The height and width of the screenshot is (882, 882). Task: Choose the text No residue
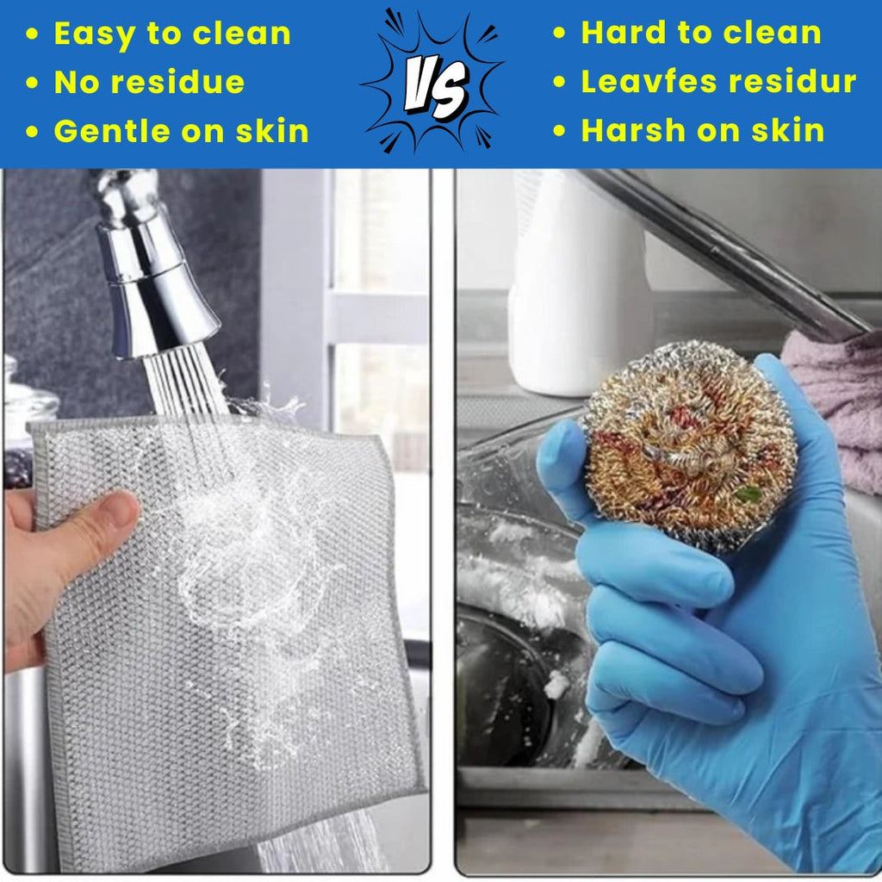click(x=149, y=83)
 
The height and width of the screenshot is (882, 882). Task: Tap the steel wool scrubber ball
click(x=689, y=444)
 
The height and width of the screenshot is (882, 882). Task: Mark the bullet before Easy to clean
click(x=33, y=34)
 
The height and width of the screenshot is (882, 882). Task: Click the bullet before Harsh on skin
click(x=560, y=131)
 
